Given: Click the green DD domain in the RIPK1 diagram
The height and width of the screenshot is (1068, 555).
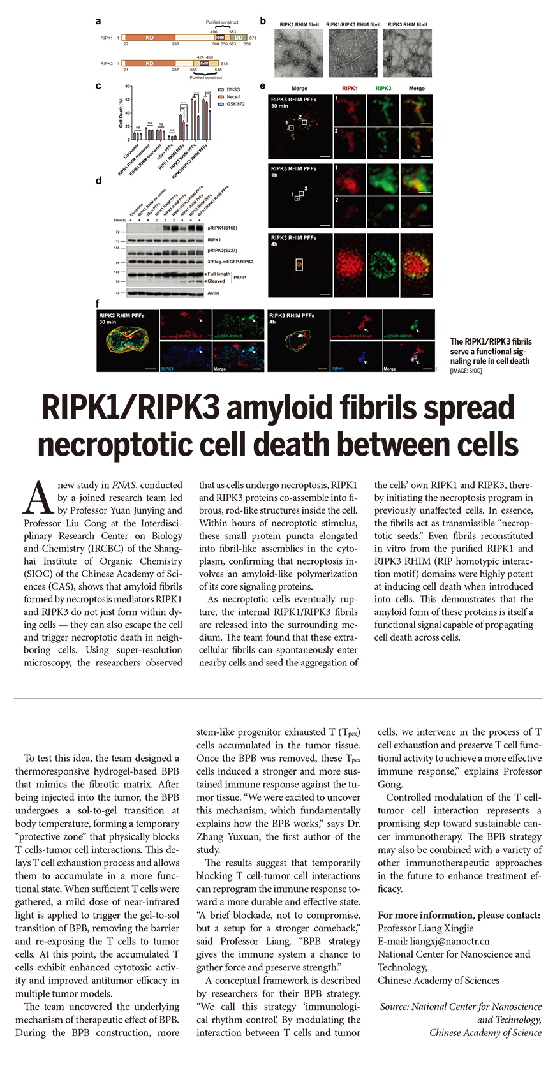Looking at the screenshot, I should tap(239, 38).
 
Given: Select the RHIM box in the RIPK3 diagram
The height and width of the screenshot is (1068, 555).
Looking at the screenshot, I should tap(204, 63).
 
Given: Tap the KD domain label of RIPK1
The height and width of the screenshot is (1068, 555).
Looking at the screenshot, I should tap(149, 38).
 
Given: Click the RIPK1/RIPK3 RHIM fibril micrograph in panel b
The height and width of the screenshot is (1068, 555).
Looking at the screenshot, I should tap(353, 54).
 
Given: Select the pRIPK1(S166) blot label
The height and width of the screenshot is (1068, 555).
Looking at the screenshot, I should tap(223, 228).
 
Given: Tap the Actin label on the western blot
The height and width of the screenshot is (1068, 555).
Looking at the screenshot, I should tap(213, 293).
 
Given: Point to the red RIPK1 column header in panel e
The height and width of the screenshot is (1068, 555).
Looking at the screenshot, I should tap(350, 89).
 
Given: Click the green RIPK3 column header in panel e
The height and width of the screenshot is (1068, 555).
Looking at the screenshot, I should tap(383, 89).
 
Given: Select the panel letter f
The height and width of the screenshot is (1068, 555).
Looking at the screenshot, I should tap(98, 304).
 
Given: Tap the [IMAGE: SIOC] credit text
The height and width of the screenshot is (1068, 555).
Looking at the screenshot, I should tap(466, 371).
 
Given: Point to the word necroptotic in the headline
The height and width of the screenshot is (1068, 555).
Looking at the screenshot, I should tap(119, 445).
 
